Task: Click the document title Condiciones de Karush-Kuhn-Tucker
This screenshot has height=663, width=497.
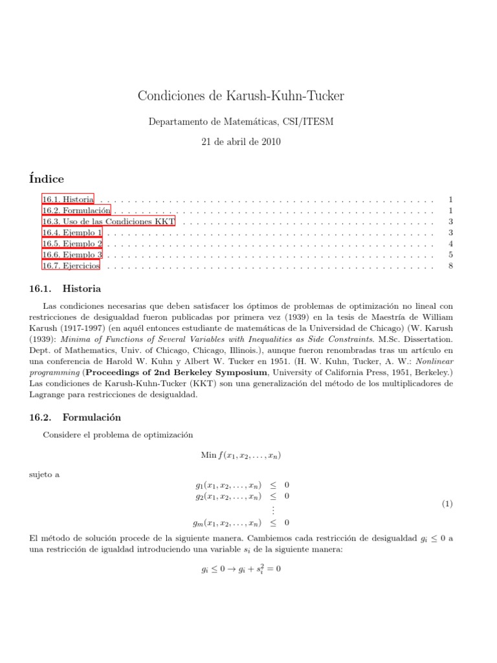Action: coord(241,96)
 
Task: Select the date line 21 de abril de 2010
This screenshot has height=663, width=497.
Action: coord(241,141)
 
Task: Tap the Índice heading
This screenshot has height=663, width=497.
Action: coord(47,178)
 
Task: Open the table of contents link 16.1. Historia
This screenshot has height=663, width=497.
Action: coord(68,199)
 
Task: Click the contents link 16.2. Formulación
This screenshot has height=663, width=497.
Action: coord(76,210)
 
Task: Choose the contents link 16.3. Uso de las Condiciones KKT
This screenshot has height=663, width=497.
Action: coord(108,221)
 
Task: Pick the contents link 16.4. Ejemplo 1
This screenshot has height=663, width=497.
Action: coord(72,232)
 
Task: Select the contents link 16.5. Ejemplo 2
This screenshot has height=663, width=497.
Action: coord(72,243)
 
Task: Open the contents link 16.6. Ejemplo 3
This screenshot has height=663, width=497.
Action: coord(72,254)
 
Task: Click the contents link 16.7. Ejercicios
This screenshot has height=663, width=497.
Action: coord(71,265)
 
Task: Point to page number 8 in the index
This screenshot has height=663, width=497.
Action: coord(450,265)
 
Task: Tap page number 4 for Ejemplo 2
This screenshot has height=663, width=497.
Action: coord(450,243)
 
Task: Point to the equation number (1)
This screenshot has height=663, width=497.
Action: coord(447,504)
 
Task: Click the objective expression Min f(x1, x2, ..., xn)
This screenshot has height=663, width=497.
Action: coord(241,455)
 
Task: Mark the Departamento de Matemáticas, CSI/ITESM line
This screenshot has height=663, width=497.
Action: coord(241,121)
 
